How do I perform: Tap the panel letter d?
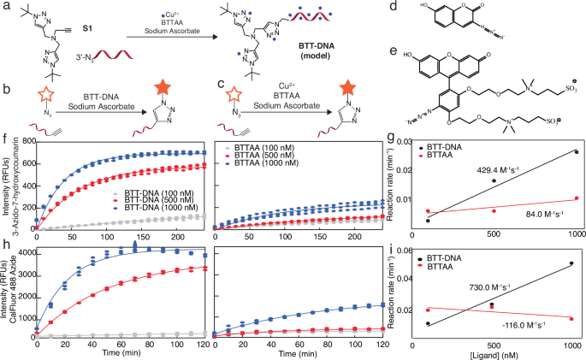point(393,7)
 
